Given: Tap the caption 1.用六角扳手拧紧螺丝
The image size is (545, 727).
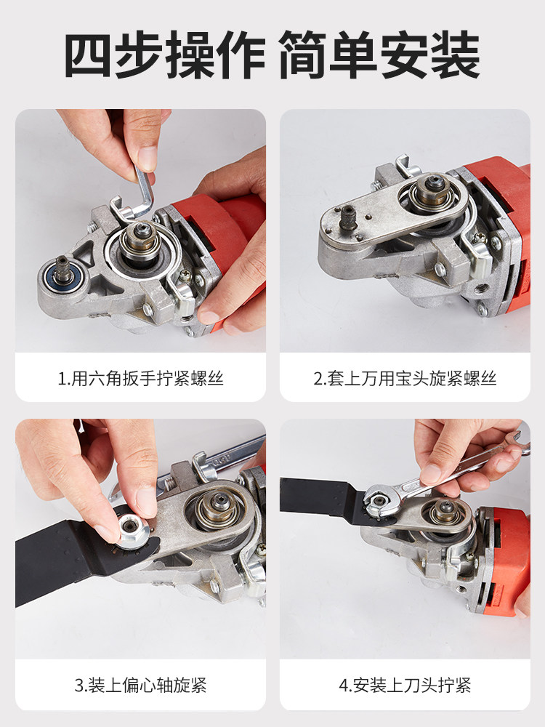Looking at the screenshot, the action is click(140, 378).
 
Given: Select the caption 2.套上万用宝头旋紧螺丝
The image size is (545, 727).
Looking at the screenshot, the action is click(405, 378).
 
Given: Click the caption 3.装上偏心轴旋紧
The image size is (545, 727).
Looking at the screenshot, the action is click(140, 685).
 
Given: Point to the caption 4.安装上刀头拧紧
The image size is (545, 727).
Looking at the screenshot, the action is click(405, 685).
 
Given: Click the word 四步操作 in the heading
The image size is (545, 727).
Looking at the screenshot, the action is click(165, 55).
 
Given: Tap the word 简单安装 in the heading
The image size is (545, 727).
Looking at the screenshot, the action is click(379, 55).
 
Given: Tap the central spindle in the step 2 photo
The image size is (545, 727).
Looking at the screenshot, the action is click(432, 189).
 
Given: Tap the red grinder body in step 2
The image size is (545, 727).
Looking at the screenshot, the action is click(504, 209).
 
